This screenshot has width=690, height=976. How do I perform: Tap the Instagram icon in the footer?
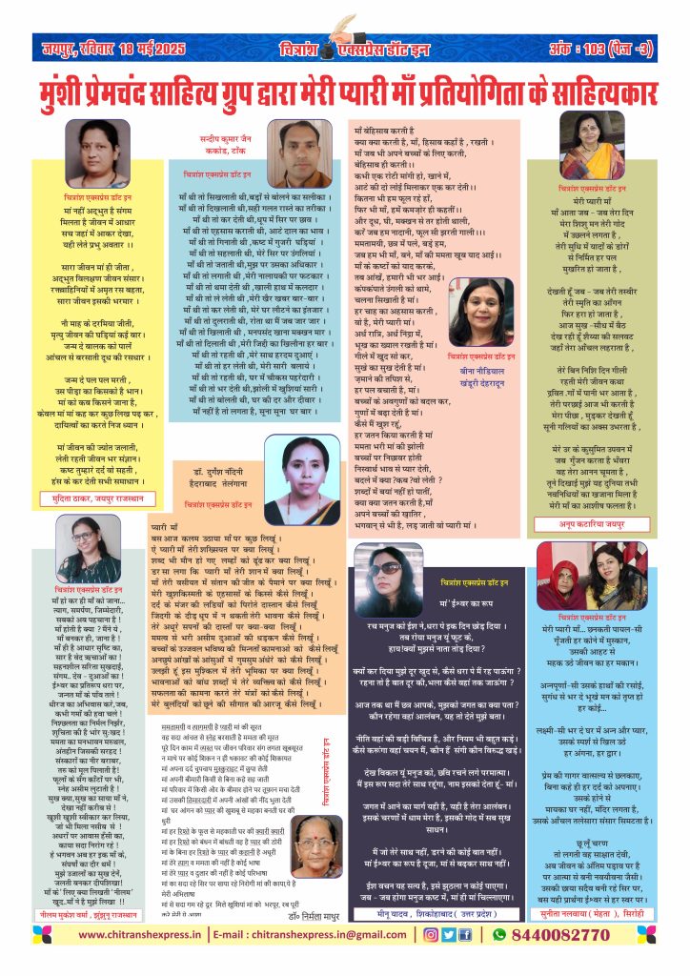pos(433,960)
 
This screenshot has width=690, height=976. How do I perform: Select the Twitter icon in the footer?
pos(449,960)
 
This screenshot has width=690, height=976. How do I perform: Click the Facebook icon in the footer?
pos(464,960)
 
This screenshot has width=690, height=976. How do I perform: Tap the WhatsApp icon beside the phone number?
pos(497,960)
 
